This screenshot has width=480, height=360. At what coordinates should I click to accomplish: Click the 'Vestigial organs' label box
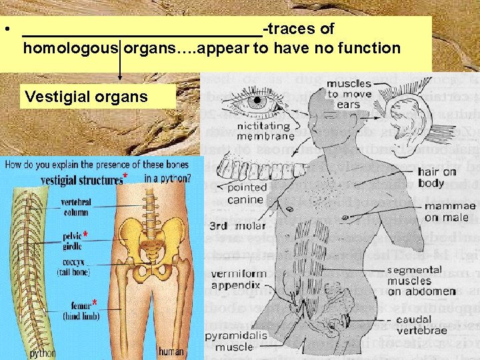[86, 97]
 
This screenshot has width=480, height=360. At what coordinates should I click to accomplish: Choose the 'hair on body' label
[437, 177]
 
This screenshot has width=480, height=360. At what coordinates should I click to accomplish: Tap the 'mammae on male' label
[449, 211]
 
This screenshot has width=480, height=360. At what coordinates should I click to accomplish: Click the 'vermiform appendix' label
[238, 279]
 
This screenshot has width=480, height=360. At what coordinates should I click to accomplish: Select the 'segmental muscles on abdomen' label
[422, 281]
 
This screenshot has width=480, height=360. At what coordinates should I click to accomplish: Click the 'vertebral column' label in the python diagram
[76, 207]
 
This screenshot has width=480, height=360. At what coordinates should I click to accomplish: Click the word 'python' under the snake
[42, 352]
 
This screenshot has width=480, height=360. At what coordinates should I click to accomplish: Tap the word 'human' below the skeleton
[172, 352]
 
